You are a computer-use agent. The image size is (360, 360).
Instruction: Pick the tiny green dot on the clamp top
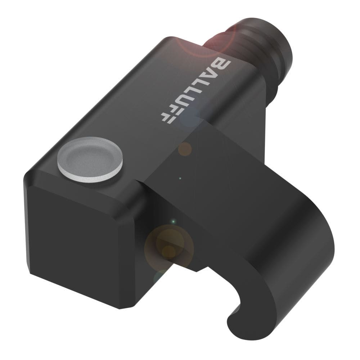[180, 178]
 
